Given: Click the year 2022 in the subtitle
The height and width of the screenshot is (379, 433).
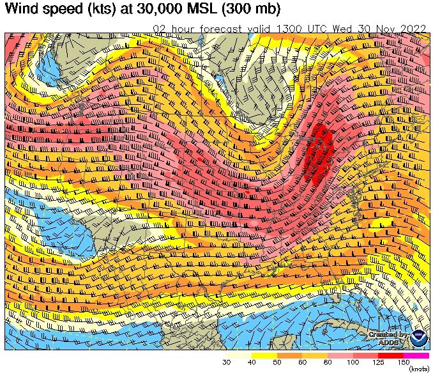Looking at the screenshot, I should pyautogui.click(x=409, y=29).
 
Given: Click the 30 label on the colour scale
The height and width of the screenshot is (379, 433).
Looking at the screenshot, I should pyautogui.click(x=227, y=363).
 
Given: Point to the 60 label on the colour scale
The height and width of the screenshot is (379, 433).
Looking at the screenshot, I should pyautogui.click(x=302, y=363).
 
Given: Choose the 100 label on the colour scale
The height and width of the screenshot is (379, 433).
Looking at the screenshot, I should pyautogui.click(x=353, y=363).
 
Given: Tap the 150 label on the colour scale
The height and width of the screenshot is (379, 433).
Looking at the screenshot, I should pyautogui.click(x=404, y=363).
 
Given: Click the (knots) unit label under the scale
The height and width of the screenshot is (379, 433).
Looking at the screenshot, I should pyautogui.click(x=419, y=370).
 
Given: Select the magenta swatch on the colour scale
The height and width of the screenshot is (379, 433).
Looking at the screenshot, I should pyautogui.click(x=416, y=355).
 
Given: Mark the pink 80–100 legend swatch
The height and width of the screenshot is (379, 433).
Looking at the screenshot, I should pyautogui.click(x=340, y=355).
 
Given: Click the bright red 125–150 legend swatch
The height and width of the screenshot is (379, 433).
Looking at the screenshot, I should pyautogui.click(x=391, y=355).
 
